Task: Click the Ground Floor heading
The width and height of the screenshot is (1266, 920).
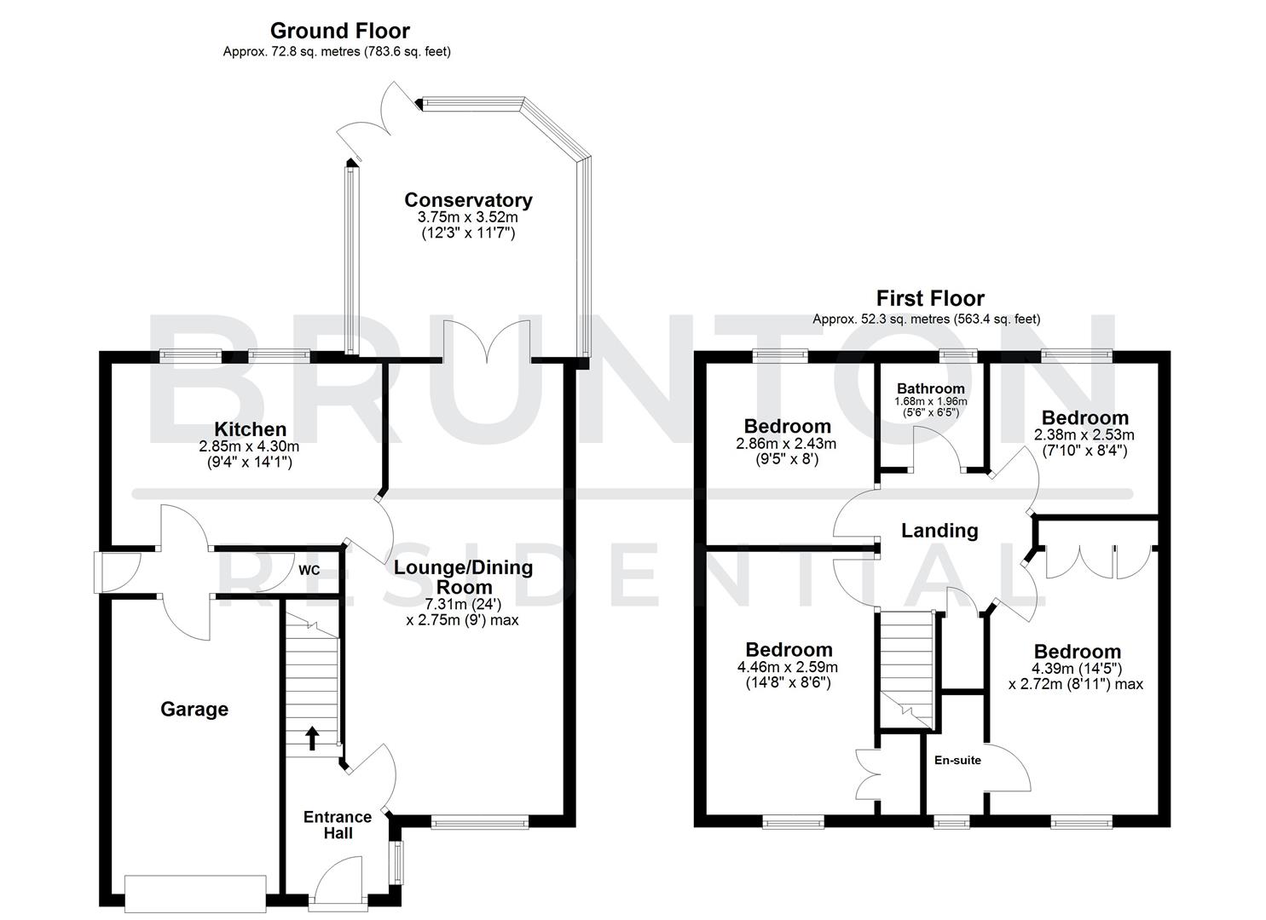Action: pos(339,31)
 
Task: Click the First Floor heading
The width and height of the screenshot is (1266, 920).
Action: pos(929,298)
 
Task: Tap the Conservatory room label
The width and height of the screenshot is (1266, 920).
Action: pos(468,200)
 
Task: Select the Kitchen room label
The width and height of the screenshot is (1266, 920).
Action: pos(250,428)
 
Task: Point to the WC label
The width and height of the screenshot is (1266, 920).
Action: pos(309,570)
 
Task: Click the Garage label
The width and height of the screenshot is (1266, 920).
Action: pos(194,709)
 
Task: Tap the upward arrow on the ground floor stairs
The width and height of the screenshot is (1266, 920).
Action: pos(312,738)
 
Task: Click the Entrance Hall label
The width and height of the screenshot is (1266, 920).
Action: pos(338,825)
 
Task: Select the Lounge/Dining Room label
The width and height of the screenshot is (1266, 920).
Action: pos(462,577)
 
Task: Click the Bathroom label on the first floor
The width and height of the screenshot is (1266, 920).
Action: pos(930,388)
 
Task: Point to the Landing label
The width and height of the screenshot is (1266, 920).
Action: pos(939,531)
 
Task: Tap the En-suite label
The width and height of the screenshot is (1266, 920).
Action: pos(957,760)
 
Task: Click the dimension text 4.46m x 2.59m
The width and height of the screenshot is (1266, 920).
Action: pos(789,667)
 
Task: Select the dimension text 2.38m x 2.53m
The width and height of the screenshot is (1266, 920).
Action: pos(1084,434)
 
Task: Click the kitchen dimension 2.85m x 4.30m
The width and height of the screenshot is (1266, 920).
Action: pos(249,446)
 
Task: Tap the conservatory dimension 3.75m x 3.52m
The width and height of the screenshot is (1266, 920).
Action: pos(468,217)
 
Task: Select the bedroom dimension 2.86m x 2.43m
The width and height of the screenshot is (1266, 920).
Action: pos(786,443)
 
